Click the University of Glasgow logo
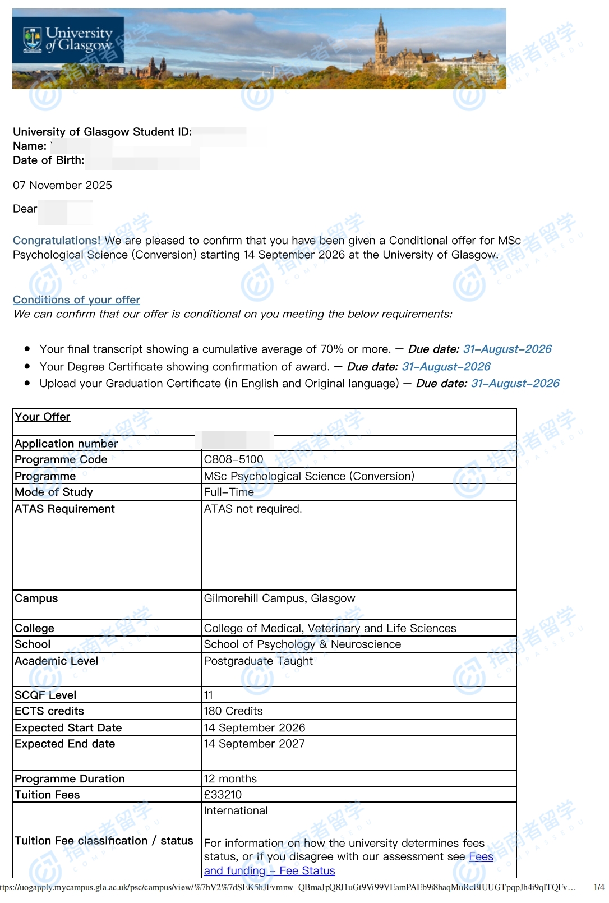(68, 40)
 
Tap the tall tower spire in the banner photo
(381, 34)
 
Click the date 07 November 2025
(62, 185)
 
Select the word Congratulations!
(57, 241)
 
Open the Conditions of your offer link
(76, 300)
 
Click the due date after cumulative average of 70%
(507, 349)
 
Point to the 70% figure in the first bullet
(331, 349)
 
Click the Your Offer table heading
(43, 417)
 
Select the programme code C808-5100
(233, 459)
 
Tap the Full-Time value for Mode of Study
(229, 492)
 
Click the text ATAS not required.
(253, 509)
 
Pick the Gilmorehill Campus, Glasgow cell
(279, 598)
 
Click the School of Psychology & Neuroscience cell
(302, 644)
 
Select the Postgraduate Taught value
(258, 661)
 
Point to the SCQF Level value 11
(209, 695)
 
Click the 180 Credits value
(233, 711)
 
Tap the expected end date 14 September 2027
(254, 744)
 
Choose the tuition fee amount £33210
(223, 795)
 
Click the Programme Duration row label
(70, 778)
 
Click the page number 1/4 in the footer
(598, 887)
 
